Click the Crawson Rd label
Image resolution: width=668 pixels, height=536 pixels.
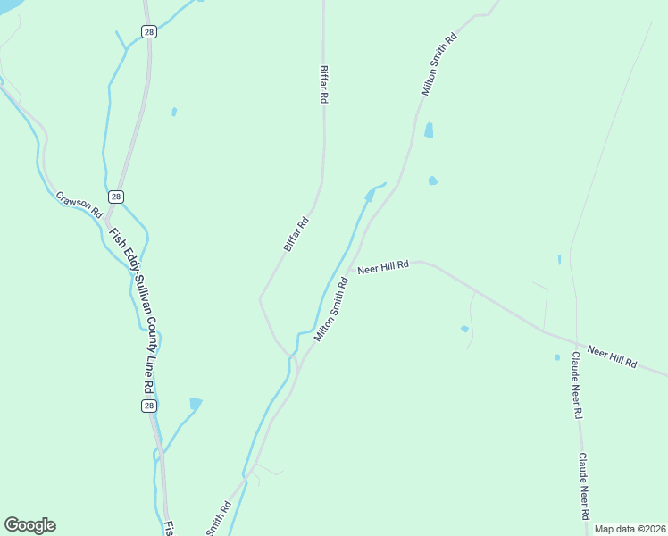tap(79, 205)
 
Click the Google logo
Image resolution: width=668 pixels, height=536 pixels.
tap(29, 525)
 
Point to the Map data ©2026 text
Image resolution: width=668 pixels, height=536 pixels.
tap(629, 529)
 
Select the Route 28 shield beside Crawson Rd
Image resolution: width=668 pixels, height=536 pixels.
tap(116, 197)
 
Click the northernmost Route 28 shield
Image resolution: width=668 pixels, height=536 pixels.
tap(149, 32)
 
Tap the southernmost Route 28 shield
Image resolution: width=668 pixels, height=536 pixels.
tap(149, 406)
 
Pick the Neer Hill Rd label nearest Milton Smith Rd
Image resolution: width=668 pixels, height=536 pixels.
tap(382, 267)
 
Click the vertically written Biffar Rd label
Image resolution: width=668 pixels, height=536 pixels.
tap(323, 86)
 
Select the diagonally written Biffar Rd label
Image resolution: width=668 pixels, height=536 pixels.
tap(296, 234)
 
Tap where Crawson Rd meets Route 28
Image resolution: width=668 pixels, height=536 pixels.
tap(106, 217)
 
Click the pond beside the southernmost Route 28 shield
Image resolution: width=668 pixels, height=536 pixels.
tap(195, 403)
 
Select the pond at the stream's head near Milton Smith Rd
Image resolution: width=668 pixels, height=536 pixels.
tap(370, 195)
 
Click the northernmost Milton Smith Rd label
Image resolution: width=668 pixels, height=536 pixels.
tap(439, 64)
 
